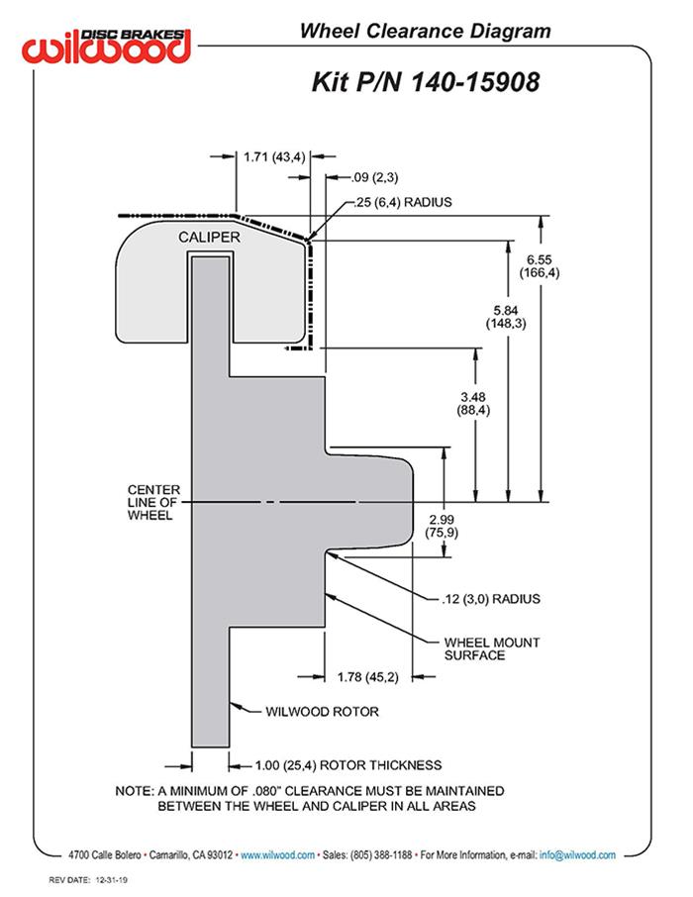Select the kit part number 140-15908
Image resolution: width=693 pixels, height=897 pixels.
pyautogui.click(x=426, y=81)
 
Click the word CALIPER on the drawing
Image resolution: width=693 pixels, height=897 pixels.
pyautogui.click(x=209, y=238)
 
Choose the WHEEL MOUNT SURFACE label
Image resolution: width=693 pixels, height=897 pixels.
pyautogui.click(x=491, y=648)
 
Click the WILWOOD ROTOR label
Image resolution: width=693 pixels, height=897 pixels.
pyautogui.click(x=322, y=711)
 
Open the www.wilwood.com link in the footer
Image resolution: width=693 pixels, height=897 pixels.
pyautogui.click(x=277, y=854)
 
